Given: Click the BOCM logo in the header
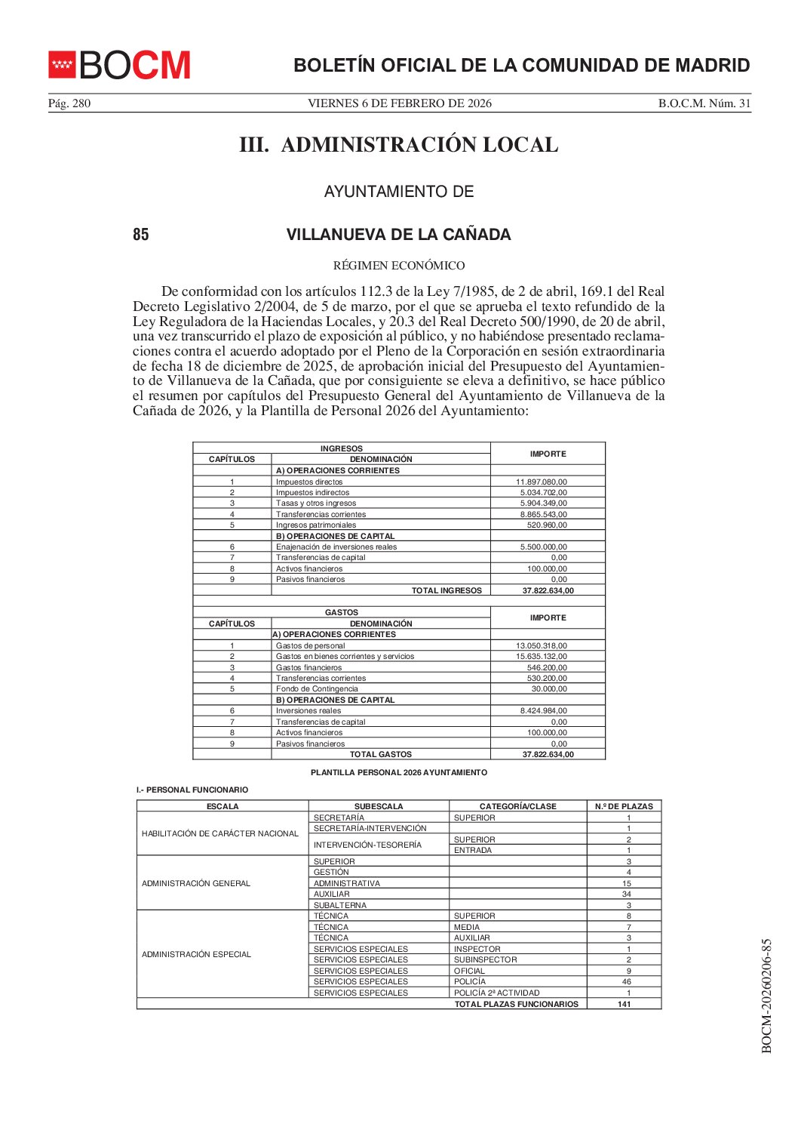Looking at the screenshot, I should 119,66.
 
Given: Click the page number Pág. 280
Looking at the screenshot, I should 69,103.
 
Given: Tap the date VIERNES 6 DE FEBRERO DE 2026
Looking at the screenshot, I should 399,103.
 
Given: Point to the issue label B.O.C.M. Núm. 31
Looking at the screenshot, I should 704,103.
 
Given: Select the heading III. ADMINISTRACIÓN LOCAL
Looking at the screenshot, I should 398,145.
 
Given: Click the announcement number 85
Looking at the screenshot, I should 141,235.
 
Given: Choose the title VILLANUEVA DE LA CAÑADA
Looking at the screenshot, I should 398,235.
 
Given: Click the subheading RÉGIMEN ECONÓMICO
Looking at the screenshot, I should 398,266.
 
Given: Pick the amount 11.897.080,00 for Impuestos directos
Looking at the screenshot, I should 542,482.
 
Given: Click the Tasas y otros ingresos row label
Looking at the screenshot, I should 316,503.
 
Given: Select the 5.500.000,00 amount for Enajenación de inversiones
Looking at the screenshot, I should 544,547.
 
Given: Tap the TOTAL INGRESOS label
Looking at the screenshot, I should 447,591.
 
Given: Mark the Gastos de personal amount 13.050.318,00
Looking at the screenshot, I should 542,646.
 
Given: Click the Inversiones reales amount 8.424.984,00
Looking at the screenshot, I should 544,711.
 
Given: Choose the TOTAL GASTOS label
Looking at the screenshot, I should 381,755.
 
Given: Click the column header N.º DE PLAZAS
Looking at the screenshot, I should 624,806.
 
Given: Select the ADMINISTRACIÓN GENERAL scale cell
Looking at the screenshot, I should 196,883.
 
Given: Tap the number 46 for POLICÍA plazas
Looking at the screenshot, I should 627,982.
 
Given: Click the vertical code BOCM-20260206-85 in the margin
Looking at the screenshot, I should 766,996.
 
